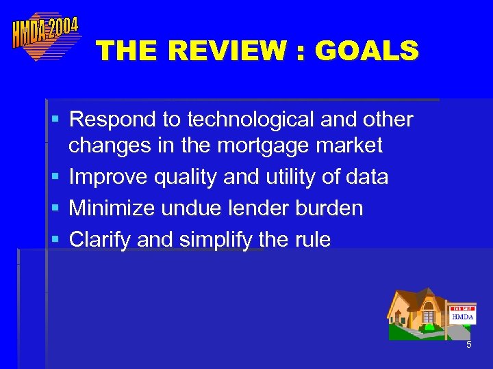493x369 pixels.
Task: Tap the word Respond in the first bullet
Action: point(113,120)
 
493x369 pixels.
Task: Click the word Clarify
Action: point(100,240)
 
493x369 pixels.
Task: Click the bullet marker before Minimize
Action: point(55,208)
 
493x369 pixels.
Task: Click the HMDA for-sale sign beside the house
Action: point(462,315)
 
